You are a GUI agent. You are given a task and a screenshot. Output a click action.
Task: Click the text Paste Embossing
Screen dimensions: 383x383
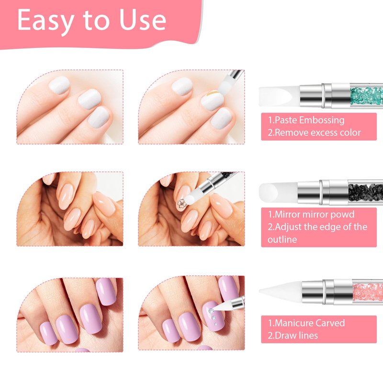(x=309, y=120)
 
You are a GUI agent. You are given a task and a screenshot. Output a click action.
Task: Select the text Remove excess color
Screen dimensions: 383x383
(x=317, y=133)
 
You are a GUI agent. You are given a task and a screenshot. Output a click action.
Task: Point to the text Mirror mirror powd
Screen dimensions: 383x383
(x=315, y=214)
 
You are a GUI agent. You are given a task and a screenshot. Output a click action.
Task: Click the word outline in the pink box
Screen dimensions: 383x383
(x=282, y=239)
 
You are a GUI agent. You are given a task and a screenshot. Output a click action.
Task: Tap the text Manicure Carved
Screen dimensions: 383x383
(x=310, y=323)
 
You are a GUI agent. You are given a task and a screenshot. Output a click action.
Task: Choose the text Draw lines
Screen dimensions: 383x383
(x=296, y=336)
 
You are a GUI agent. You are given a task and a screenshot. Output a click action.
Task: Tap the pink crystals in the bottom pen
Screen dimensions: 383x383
(x=368, y=292)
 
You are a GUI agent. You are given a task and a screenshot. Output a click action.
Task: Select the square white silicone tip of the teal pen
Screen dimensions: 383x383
(x=279, y=96)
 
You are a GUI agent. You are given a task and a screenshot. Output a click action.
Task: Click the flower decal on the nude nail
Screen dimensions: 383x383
(x=182, y=203)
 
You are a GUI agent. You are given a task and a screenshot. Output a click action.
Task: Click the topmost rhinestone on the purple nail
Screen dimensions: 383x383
(x=211, y=311)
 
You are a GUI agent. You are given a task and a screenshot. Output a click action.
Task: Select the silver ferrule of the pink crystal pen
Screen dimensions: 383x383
(x=327, y=292)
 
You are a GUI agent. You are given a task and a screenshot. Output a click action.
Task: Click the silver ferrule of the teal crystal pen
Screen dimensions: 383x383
(x=325, y=95)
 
